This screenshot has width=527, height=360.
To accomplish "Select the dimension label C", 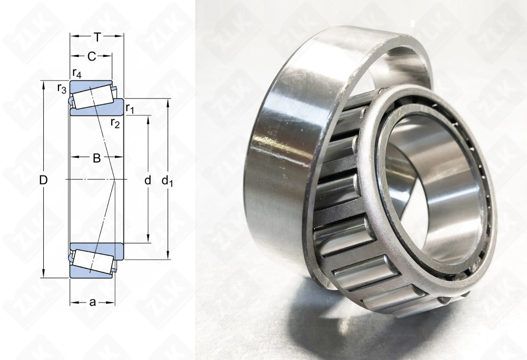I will (x=91, y=56).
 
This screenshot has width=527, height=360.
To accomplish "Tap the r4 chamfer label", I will (x=76, y=72).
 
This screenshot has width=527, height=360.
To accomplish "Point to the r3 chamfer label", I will (x=62, y=88).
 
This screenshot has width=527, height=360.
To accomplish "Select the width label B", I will (x=96, y=157).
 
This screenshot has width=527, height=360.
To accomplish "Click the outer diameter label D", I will (x=44, y=180).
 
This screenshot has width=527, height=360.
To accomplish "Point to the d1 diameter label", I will (x=168, y=181).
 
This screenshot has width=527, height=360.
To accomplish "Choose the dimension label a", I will (x=92, y=302).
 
